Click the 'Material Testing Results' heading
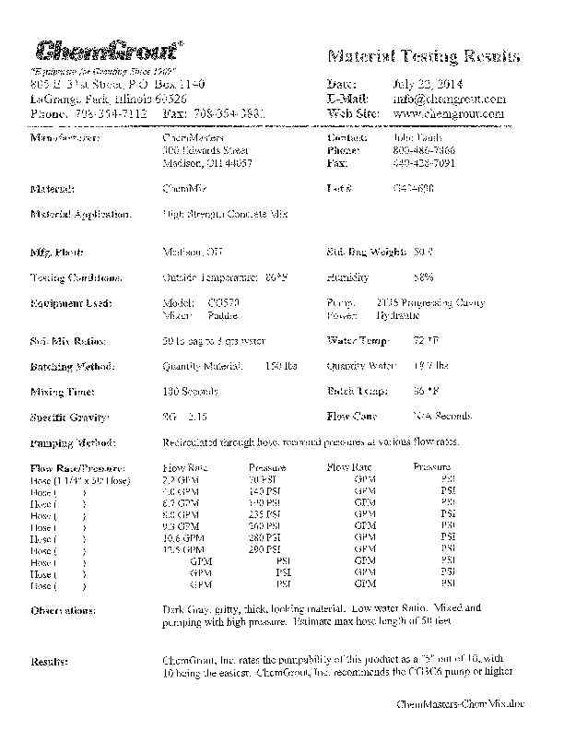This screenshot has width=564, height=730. [423, 57]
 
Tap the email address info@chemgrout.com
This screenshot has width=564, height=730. [449, 98]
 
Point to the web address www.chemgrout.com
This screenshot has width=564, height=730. [449, 113]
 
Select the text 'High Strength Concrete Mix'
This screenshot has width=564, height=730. [225, 214]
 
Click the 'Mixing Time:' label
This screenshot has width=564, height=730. [61, 392]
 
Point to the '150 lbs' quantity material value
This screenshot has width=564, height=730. [279, 366]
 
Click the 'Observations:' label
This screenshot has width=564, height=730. [63, 610]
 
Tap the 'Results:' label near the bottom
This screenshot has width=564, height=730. [47, 661]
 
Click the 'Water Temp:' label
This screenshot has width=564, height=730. [358, 341]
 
